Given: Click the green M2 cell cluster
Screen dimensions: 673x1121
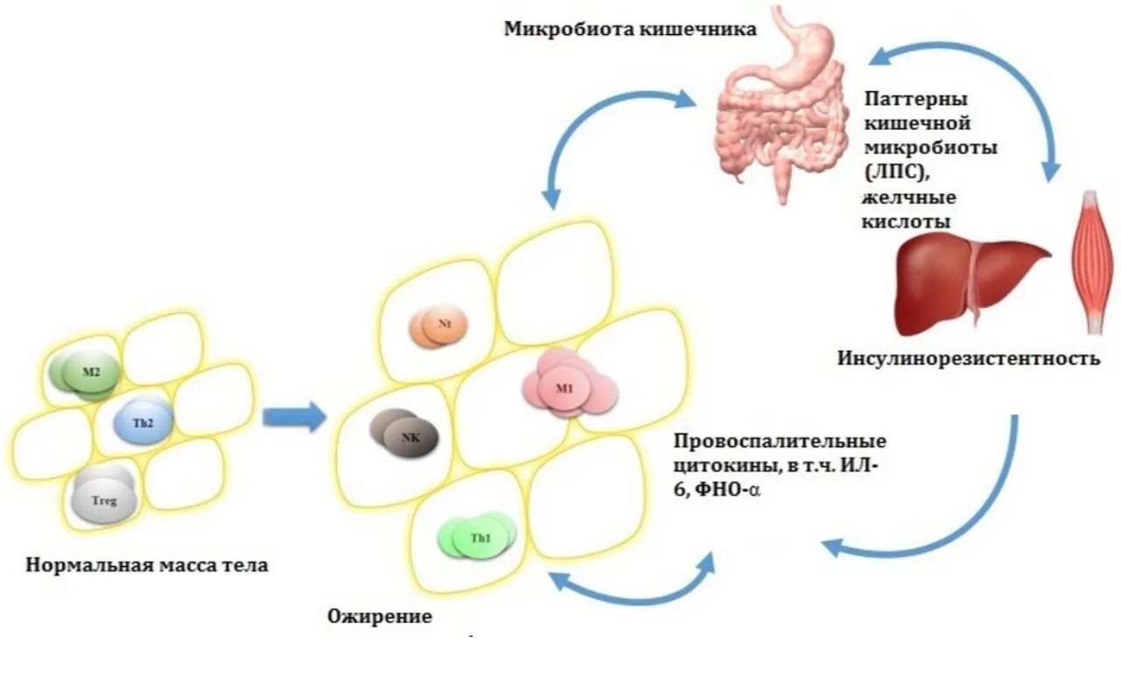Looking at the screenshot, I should pyautogui.click(x=88, y=374).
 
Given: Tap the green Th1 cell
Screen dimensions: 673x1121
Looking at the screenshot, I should pyautogui.click(x=477, y=536).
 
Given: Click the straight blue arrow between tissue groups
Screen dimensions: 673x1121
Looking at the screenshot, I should pyautogui.click(x=293, y=417).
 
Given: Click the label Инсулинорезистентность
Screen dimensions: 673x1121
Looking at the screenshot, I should pyautogui.click(x=968, y=358).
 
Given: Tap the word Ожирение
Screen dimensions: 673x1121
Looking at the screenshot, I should pyautogui.click(x=379, y=616).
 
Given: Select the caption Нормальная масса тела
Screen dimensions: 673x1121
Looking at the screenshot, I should pyautogui.click(x=147, y=565).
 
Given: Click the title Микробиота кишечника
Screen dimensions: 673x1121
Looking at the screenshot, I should pyautogui.click(x=630, y=29).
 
